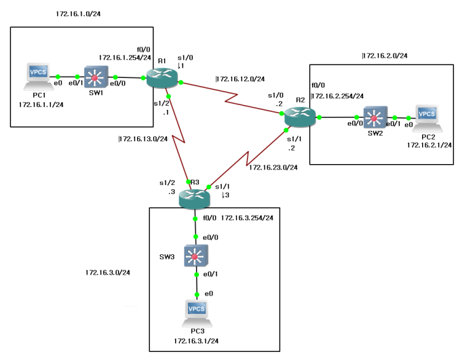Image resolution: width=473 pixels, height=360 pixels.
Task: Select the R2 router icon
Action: [x=299, y=117]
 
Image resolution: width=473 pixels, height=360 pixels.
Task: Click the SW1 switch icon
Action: [x=96, y=77]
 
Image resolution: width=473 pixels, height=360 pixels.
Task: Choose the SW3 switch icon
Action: [x=196, y=256]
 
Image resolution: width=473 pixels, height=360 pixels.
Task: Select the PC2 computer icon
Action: [x=428, y=116]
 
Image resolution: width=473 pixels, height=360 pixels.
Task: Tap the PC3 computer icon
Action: [x=197, y=310]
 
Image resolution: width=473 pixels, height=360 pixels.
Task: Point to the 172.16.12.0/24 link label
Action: [x=240, y=79]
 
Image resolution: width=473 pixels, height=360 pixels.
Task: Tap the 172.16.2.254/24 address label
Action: [x=337, y=96]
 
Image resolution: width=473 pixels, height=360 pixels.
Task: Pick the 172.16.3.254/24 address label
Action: [x=247, y=218]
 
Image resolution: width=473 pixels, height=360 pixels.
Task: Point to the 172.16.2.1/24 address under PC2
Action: [x=430, y=144]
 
